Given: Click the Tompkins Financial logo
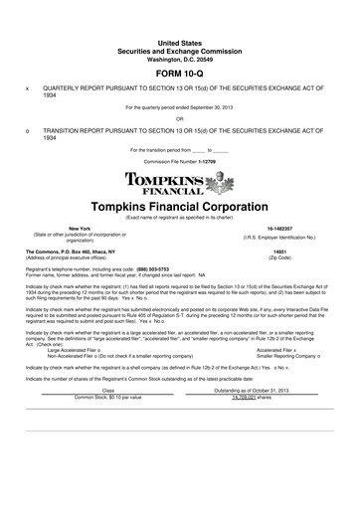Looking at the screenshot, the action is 180,183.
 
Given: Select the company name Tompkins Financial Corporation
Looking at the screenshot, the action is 180,207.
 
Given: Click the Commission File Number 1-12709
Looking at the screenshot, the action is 180,160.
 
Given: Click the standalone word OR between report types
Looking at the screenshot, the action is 180,117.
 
